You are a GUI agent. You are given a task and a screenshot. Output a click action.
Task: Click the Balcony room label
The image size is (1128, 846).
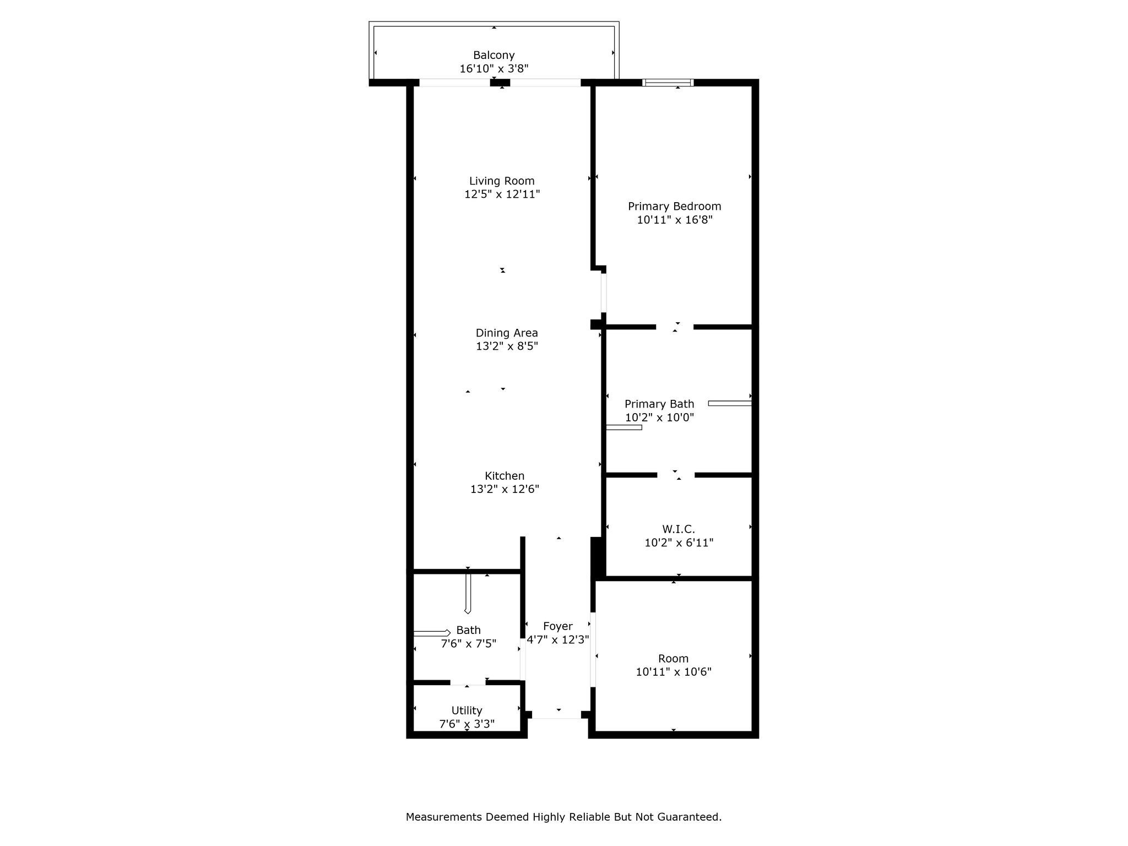pyautogui.click(x=493, y=55)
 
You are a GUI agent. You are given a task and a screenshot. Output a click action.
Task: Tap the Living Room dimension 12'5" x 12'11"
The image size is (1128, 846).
pyautogui.click(x=502, y=194)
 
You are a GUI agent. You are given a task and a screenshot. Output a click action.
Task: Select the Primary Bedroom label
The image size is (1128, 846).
pyautogui.click(x=674, y=207)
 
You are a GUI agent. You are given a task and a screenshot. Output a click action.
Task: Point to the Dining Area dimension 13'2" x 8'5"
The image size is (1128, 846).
pyautogui.click(x=506, y=346)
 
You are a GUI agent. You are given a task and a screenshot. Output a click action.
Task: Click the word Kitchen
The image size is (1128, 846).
pyautogui.click(x=504, y=476)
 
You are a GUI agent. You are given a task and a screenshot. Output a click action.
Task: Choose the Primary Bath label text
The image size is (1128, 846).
pyautogui.click(x=659, y=404)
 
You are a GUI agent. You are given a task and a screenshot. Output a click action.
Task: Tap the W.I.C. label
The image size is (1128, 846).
pyautogui.click(x=678, y=529)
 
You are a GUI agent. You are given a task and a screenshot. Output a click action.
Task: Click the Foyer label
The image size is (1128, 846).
pyautogui.click(x=557, y=626)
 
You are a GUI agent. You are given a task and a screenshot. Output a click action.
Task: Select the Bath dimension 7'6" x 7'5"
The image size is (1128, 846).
pyautogui.click(x=468, y=643)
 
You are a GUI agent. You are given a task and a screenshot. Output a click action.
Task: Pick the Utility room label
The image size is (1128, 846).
pyautogui.click(x=467, y=711)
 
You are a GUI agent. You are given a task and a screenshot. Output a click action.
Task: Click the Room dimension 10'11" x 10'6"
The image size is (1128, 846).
pyautogui.click(x=673, y=672)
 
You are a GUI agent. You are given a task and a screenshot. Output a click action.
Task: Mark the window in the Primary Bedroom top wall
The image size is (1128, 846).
pyautogui.click(x=668, y=83)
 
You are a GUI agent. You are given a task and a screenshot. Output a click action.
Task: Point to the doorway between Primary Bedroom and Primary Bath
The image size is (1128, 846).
pyautogui.click(x=674, y=327)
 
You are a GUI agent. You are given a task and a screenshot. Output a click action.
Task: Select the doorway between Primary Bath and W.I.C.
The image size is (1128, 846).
pyautogui.click(x=675, y=475)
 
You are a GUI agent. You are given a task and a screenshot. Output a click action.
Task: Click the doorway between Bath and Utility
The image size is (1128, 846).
pyautogui.click(x=468, y=682)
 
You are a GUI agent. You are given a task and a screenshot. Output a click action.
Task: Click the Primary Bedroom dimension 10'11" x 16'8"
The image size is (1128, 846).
pyautogui.click(x=674, y=220)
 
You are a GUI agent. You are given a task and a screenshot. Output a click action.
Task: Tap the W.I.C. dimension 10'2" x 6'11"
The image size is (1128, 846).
pyautogui.click(x=679, y=543)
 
